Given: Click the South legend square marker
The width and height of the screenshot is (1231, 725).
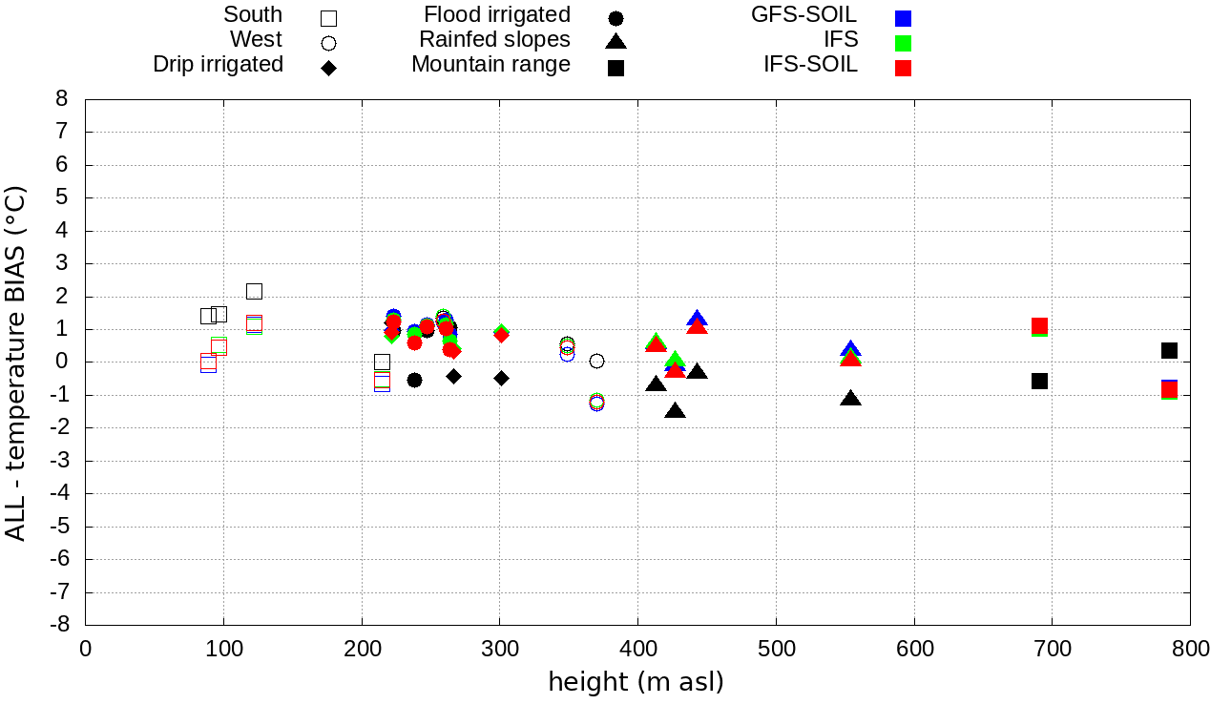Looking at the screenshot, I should coord(329,17).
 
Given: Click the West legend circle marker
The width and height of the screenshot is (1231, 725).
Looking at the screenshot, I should coord(329,43).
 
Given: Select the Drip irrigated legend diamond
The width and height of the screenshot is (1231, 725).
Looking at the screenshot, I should coord(329,68).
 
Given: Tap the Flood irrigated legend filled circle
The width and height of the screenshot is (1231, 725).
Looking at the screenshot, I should coord(616,17).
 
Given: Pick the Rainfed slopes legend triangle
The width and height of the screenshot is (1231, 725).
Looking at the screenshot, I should coord(616,41).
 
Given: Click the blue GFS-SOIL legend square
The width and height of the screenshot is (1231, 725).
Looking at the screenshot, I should coord(903,17).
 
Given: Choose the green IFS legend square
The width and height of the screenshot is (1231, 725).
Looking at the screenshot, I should coord(903,43).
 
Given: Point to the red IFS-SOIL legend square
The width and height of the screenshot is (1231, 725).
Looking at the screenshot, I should coord(903,68).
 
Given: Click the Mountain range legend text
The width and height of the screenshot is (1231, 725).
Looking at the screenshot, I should coord(490,65).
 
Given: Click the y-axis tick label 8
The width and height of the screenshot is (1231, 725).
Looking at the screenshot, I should coord(62,99).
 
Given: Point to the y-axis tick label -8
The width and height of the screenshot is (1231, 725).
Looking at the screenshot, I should coord(58,625).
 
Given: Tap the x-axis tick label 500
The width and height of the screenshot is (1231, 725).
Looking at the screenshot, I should coord(776,650).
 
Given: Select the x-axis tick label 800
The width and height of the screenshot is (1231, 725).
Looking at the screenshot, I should coord(1190,650).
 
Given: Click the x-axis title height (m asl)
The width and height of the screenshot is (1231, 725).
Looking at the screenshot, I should coord(636,683).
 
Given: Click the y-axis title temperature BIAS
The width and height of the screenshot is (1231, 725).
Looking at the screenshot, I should coord(15,362).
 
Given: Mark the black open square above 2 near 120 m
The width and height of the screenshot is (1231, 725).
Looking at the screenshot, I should coord(254,291).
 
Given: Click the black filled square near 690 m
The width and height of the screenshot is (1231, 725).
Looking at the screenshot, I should coord(1040,381).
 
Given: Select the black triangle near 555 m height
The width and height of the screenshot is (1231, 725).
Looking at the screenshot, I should coord(851,398).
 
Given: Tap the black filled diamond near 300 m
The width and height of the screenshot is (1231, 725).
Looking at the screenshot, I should coord(501,378).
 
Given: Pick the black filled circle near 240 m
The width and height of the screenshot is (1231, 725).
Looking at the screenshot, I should coord(414,380).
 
